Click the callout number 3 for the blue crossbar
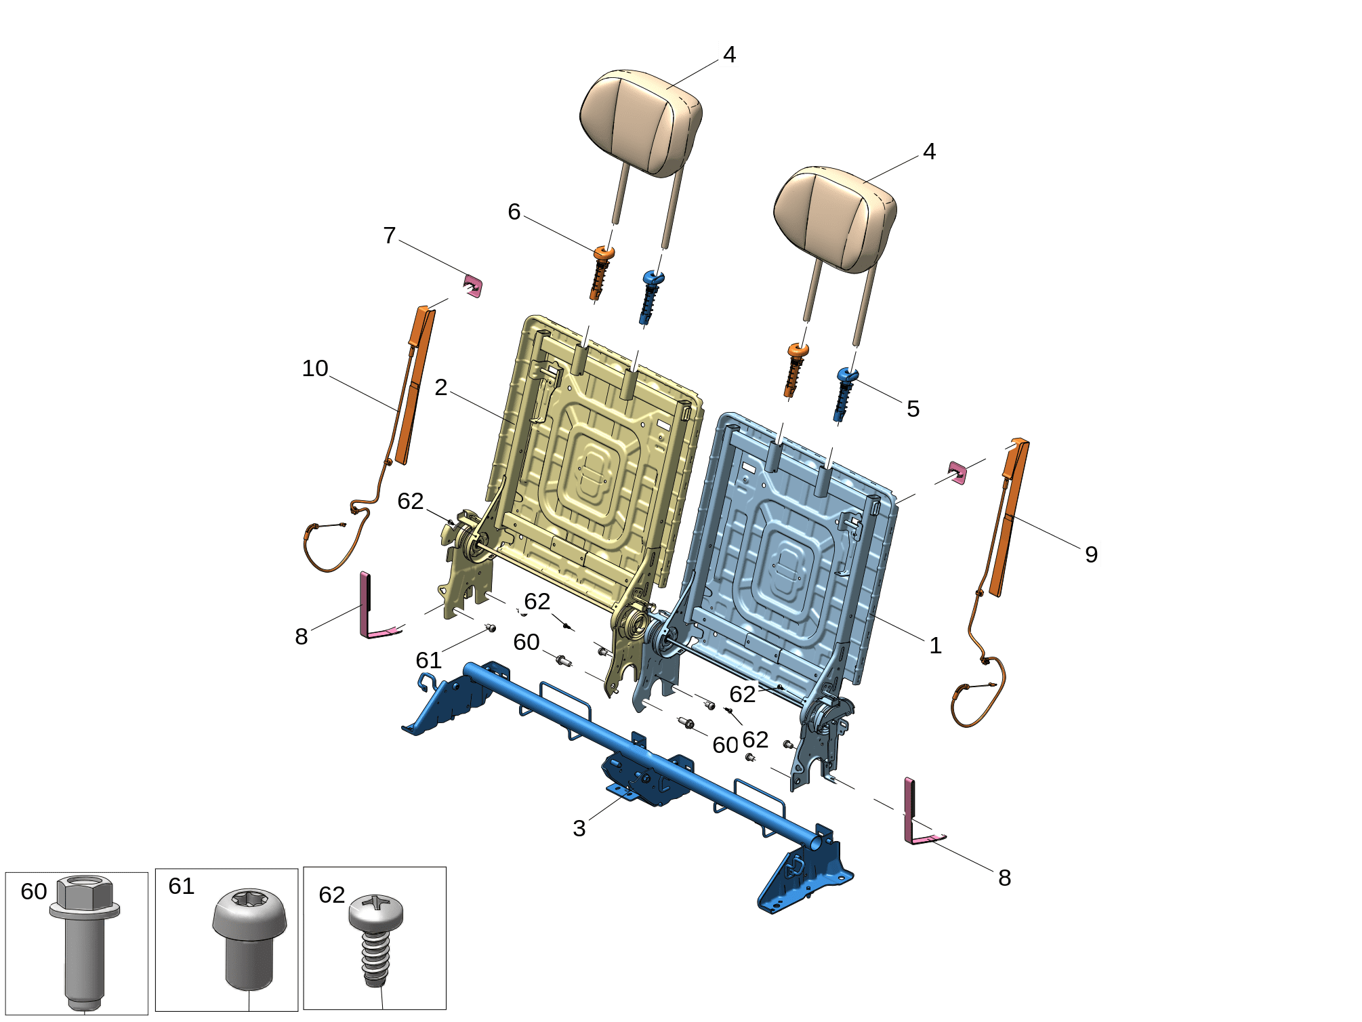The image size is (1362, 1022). point(579,827)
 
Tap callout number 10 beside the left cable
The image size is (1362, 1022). point(315,368)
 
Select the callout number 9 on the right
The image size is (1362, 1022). point(1091,554)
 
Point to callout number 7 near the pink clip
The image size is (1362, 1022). point(389,235)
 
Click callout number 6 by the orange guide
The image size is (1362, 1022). point(514,211)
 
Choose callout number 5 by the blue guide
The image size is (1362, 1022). point(913,409)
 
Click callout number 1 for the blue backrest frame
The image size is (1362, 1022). point(935,645)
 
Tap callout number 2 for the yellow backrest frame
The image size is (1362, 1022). point(441,387)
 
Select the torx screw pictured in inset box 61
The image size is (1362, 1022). point(249,939)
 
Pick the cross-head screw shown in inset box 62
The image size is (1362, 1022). point(376,939)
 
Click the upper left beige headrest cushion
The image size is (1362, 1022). point(640,122)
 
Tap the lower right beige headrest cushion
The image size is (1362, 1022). point(835,218)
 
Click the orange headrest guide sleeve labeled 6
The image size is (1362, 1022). point(600,272)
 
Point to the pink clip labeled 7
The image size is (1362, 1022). point(473,286)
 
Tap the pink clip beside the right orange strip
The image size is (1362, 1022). point(957,473)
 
